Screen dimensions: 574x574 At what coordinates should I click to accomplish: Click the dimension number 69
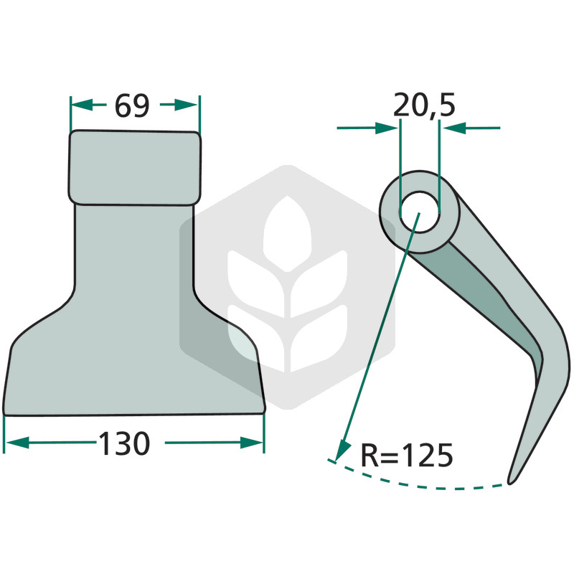point(132,105)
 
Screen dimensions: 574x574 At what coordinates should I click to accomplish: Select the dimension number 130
point(124,443)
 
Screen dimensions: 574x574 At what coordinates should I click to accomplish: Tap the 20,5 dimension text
point(424,105)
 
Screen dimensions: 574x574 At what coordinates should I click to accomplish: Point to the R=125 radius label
point(407,455)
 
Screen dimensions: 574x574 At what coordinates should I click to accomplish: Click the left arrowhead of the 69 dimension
point(81,105)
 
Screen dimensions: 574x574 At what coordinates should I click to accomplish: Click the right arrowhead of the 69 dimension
point(186,105)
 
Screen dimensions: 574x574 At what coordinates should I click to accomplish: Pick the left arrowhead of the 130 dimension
point(17,442)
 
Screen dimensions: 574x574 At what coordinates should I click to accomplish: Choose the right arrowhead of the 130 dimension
point(252,442)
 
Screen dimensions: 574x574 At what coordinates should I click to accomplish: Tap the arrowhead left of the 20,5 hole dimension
point(387,128)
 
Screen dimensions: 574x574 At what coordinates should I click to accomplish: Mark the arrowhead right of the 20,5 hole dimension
point(454,128)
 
